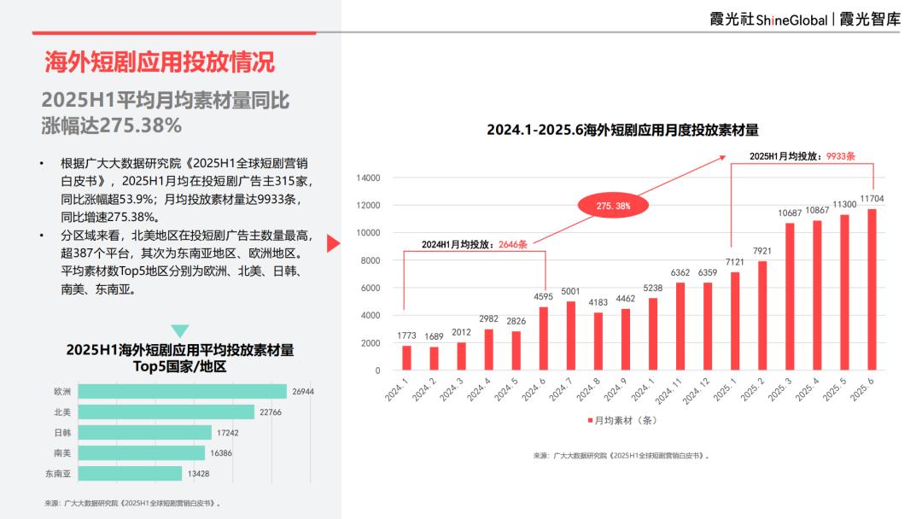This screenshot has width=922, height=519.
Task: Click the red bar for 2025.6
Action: tap(872, 289)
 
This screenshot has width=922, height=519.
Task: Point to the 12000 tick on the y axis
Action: tap(368, 206)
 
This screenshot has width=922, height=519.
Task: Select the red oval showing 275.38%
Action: tap(613, 206)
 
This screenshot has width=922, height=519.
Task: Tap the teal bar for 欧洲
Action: tap(170, 392)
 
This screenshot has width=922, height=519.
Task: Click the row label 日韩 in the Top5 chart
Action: tap(62, 433)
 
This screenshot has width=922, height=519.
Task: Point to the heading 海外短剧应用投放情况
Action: tap(160, 61)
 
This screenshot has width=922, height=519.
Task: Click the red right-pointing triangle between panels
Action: tap(334, 244)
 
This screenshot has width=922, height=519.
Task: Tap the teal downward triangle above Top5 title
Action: tap(180, 331)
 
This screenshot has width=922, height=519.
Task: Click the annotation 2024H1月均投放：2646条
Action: tap(475, 244)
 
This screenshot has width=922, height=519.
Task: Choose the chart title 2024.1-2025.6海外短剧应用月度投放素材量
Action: tap(622, 130)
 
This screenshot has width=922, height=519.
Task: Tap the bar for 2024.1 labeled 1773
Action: tap(406, 358)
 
